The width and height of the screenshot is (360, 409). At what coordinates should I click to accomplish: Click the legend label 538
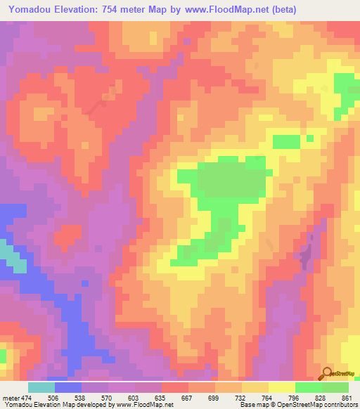click(81, 397)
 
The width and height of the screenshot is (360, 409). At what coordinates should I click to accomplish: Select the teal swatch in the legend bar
click(41, 387)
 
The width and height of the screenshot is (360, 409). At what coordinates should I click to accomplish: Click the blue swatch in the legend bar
click(68, 387)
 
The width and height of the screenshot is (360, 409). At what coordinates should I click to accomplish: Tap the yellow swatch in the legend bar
click(282, 387)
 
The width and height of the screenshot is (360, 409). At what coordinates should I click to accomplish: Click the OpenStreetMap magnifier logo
click(328, 373)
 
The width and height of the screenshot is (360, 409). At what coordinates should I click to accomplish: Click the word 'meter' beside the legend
click(11, 397)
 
